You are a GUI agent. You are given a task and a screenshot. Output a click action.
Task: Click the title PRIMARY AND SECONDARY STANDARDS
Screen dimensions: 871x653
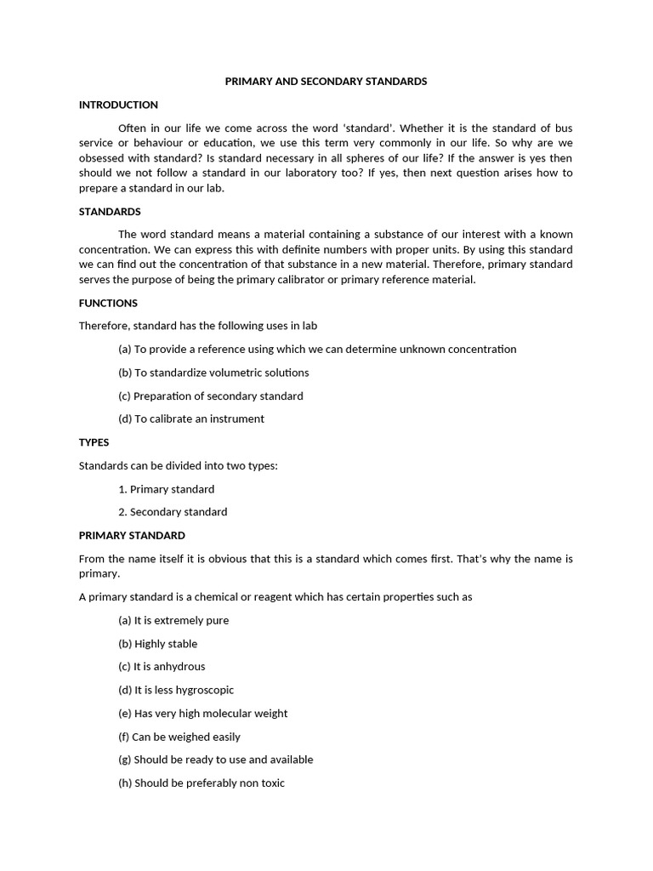coord(326,82)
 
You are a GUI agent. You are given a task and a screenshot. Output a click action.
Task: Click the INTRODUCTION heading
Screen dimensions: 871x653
coord(118,105)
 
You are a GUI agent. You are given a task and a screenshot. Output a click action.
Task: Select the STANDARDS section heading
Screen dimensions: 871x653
coord(110,211)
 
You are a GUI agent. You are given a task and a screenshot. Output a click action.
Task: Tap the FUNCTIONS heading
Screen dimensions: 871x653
coord(108,303)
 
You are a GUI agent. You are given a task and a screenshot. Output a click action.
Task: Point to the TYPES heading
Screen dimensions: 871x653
coord(94,442)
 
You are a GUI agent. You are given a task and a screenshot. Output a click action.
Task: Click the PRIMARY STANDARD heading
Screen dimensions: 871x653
coord(132,535)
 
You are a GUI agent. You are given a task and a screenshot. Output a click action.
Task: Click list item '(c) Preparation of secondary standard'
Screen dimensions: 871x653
coord(210,396)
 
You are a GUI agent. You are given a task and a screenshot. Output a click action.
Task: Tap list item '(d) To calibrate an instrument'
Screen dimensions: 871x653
coord(191,418)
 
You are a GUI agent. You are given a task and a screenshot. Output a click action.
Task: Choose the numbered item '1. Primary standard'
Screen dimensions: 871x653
coord(167,489)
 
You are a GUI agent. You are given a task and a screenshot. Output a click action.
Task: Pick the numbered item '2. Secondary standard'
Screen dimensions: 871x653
coord(173,512)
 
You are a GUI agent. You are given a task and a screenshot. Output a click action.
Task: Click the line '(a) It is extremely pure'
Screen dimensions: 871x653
coord(173,620)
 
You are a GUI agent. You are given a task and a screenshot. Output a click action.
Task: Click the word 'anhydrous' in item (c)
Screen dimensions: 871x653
coord(179,667)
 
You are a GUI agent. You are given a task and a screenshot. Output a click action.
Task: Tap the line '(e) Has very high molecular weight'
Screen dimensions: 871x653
coord(202,714)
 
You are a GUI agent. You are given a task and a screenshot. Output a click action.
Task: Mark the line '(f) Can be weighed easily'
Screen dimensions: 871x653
coord(179,737)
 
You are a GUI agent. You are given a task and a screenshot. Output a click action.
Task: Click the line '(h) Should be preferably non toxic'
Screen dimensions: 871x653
coord(202,783)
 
